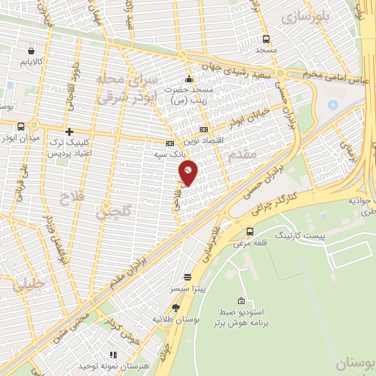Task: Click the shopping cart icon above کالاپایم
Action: click(x=31, y=51)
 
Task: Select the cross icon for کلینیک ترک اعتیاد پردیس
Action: click(x=70, y=132)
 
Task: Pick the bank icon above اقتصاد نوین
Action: click(x=203, y=129)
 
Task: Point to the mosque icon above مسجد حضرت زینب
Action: click(x=189, y=79)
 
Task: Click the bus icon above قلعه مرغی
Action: click(x=250, y=231)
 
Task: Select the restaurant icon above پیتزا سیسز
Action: click(x=188, y=278)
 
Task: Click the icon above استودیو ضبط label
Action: click(x=241, y=301)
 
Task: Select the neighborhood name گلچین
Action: click(x=114, y=211)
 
